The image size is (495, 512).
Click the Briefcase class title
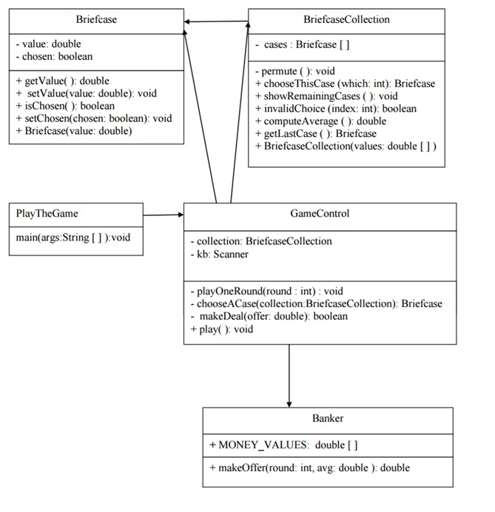coord(96,18)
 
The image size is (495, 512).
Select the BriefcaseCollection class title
coord(346,18)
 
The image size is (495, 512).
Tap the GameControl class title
coord(320,214)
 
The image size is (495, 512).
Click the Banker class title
coord(327,418)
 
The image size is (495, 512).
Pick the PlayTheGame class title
coord(47,214)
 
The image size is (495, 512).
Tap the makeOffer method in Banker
coord(309,468)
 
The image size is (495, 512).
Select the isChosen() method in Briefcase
coord(65,106)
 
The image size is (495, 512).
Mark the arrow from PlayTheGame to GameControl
coord(164,215)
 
